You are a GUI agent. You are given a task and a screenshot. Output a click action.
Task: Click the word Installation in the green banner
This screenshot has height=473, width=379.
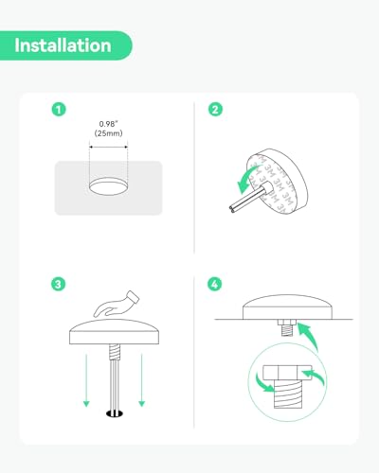pyautogui.click(x=63, y=45)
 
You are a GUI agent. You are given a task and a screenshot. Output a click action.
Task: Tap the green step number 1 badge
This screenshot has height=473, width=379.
pyautogui.click(x=59, y=110)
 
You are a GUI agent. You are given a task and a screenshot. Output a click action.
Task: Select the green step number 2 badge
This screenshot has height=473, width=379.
pyautogui.click(x=215, y=110)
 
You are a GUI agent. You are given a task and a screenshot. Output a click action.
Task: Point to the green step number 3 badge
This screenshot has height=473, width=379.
pyautogui.click(x=58, y=284)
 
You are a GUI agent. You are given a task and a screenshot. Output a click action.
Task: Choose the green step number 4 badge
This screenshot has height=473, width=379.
pyautogui.click(x=215, y=284)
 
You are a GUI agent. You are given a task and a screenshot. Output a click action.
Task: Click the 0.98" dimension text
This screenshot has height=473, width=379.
pyautogui.click(x=108, y=124)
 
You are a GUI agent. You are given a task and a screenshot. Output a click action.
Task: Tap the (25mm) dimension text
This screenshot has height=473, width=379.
pyautogui.click(x=108, y=133)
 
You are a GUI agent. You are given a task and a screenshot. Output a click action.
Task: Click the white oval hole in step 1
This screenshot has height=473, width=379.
pyautogui.click(x=109, y=186)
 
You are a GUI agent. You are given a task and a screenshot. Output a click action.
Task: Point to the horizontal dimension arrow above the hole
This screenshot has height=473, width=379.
pyautogui.click(x=109, y=147)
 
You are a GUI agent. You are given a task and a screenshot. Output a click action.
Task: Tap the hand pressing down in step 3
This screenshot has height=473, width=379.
pyautogui.click(x=117, y=304)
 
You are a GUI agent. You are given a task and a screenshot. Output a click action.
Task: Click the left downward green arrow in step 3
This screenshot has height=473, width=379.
pyautogui.click(x=86, y=380)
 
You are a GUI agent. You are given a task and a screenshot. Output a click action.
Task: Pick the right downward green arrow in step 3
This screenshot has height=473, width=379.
pyautogui.click(x=142, y=380)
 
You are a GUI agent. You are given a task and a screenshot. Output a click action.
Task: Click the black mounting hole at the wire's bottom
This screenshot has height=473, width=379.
pyautogui.click(x=115, y=413)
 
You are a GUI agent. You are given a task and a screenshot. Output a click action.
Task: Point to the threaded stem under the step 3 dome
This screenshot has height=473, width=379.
pyautogui.click(x=116, y=352)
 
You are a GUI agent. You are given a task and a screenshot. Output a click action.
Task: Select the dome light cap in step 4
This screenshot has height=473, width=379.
pyautogui.click(x=287, y=307)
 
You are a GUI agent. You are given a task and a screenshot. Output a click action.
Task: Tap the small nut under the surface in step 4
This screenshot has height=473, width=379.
pyautogui.click(x=286, y=323)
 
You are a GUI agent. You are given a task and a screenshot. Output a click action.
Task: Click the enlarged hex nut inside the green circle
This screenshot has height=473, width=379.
pyautogui.click(x=287, y=373)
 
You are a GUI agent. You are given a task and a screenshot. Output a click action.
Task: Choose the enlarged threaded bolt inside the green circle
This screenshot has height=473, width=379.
pyautogui.click(x=288, y=394)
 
